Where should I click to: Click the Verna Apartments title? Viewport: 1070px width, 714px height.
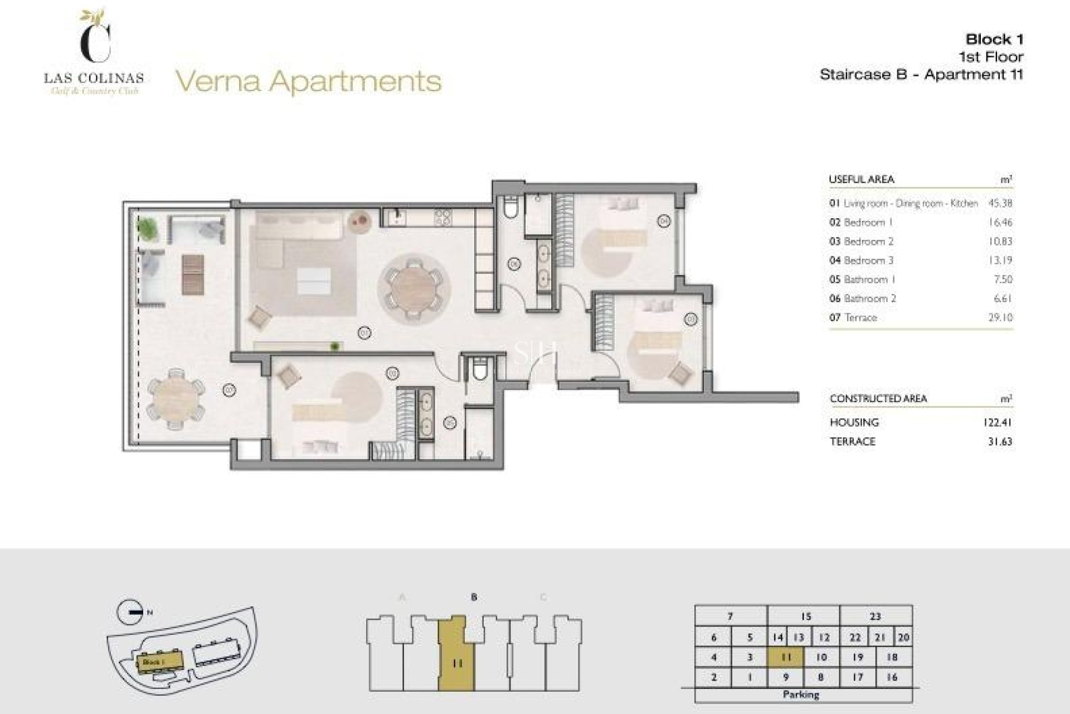tap(309, 81)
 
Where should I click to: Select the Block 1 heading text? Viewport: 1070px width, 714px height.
tap(994, 39)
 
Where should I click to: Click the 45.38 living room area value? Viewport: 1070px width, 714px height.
tap(1000, 204)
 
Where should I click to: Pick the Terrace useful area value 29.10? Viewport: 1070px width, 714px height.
tap(1000, 317)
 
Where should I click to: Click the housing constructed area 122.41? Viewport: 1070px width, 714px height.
tap(997, 422)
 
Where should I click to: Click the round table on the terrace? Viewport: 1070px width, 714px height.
tap(174, 399)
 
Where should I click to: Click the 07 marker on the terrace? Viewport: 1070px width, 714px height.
tap(229, 390)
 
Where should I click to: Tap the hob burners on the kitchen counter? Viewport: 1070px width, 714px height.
tap(442, 217)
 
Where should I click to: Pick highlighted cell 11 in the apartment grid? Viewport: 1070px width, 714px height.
tap(786, 657)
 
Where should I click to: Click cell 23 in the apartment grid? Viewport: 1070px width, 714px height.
tap(876, 616)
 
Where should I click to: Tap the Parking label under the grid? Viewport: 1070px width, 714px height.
tap(801, 694)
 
